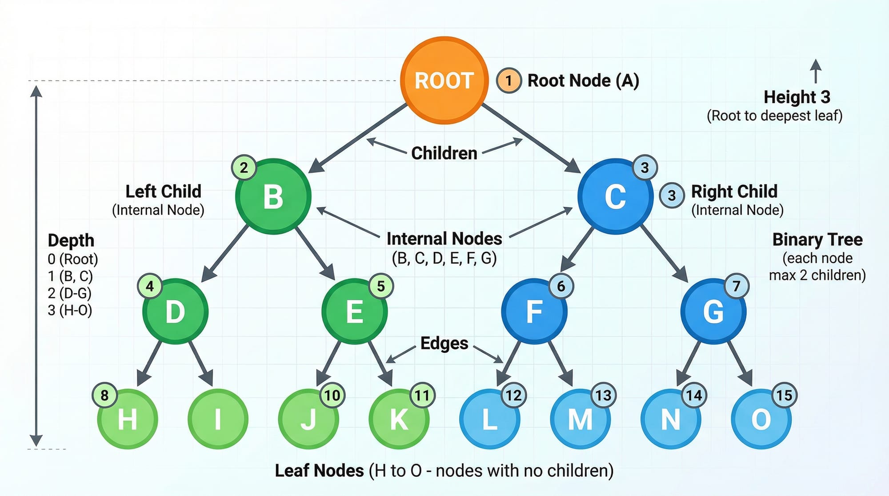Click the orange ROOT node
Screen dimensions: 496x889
coord(444,80)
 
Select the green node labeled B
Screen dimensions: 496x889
coord(273,196)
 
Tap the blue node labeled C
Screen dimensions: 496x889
coord(616,196)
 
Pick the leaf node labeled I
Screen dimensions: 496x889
coord(218,419)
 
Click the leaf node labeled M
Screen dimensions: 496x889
coord(580,419)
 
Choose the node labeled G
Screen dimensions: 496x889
coord(713,311)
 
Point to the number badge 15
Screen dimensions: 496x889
coord(784,395)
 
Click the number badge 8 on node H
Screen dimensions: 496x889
coord(104,395)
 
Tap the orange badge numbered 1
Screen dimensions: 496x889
coord(509,80)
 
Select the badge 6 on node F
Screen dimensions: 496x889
coord(561,286)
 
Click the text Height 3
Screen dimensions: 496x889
coord(797,97)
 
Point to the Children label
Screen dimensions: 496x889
coord(444,153)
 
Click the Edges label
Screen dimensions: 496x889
coord(444,343)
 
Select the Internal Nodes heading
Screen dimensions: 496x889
coord(444,239)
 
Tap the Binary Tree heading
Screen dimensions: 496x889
coord(817,240)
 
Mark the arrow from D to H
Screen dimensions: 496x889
coord(150,362)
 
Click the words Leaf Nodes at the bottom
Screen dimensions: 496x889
coord(319,471)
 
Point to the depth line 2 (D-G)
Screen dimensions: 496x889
coord(69,293)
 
